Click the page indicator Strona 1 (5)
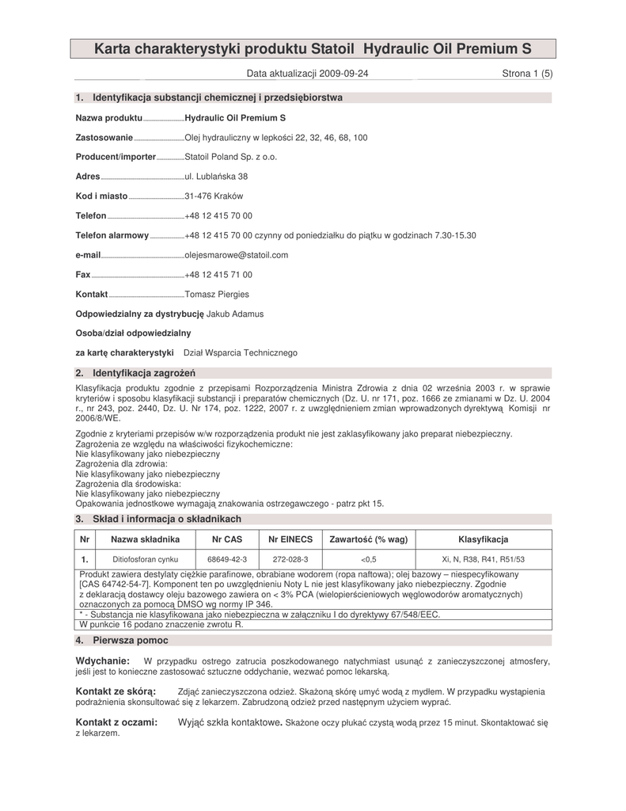[527, 74]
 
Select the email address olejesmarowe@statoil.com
[236, 255]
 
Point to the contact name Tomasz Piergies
[216, 295]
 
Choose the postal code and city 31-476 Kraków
[213, 196]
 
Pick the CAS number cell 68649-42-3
[227, 559]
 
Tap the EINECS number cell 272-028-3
[290, 559]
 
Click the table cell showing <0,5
[368, 559]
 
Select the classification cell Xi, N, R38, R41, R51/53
[483, 559]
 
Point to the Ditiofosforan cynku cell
[145, 559]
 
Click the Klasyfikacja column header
[483, 539]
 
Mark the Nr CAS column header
[227, 539]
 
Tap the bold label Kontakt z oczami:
[116, 722]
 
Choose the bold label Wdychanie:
[102, 661]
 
